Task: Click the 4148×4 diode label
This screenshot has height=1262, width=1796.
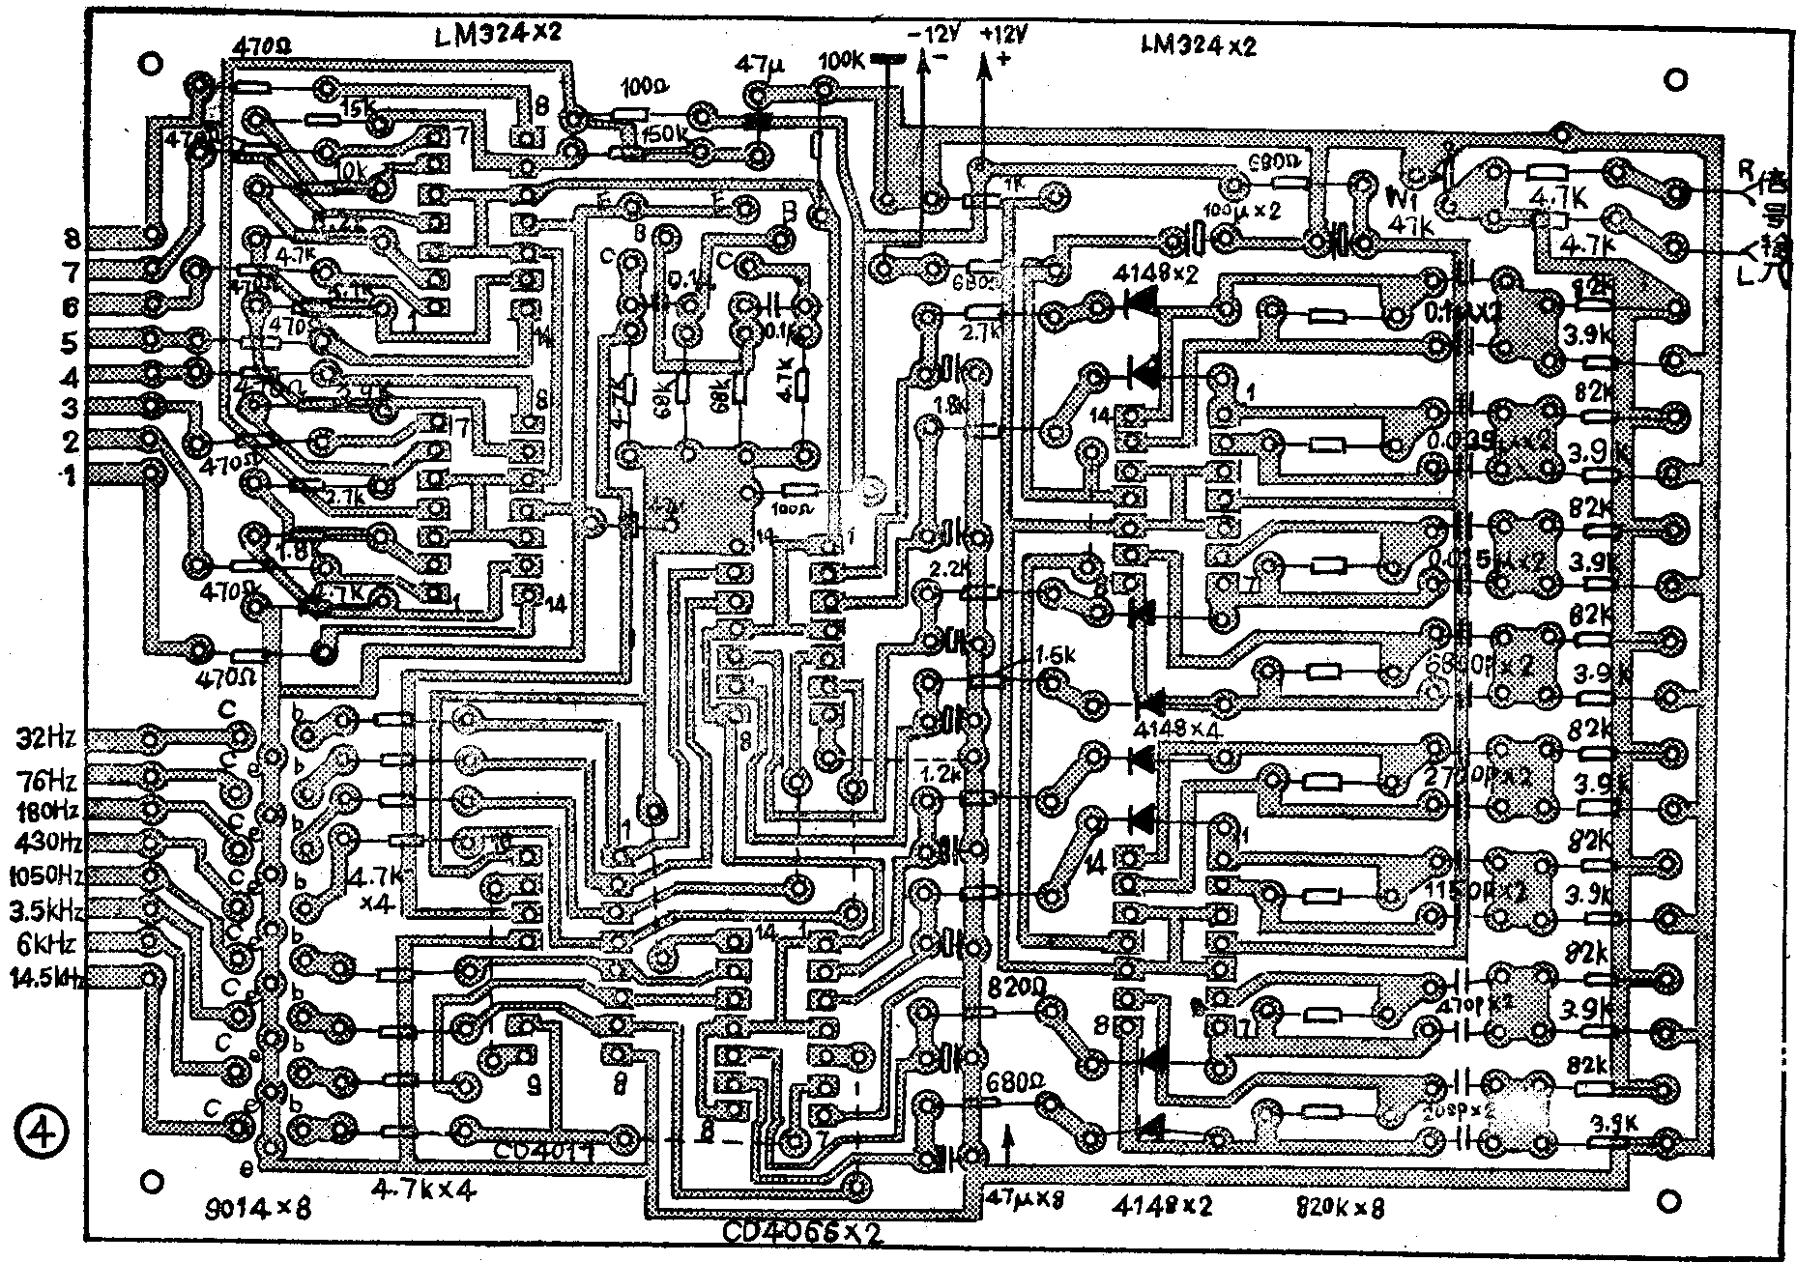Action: pos(1178,730)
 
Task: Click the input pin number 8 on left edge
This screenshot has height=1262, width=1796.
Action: pos(72,238)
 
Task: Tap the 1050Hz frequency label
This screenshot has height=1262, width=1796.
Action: pos(44,875)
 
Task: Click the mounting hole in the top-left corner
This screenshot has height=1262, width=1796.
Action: pos(150,64)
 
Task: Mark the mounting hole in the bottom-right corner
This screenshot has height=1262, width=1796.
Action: pos(1669,1201)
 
